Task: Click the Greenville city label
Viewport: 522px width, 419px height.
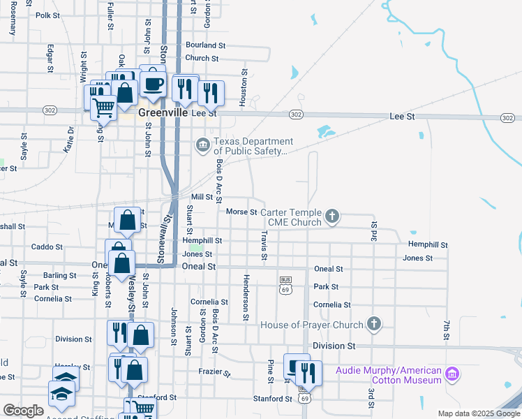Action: point(163,112)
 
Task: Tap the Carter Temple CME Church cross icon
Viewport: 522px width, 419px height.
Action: point(333,216)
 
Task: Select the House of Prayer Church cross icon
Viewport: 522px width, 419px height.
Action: point(374,324)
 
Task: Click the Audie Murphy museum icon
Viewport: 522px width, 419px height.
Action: point(452,374)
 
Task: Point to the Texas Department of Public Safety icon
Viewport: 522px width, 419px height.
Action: point(203,145)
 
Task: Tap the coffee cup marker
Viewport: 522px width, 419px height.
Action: point(153,84)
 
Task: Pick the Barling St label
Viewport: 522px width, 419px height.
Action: point(59,276)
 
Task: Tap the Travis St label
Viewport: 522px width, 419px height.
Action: point(264,247)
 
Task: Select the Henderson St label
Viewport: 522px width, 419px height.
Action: point(246,307)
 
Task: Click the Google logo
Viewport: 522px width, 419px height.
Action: point(23,411)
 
